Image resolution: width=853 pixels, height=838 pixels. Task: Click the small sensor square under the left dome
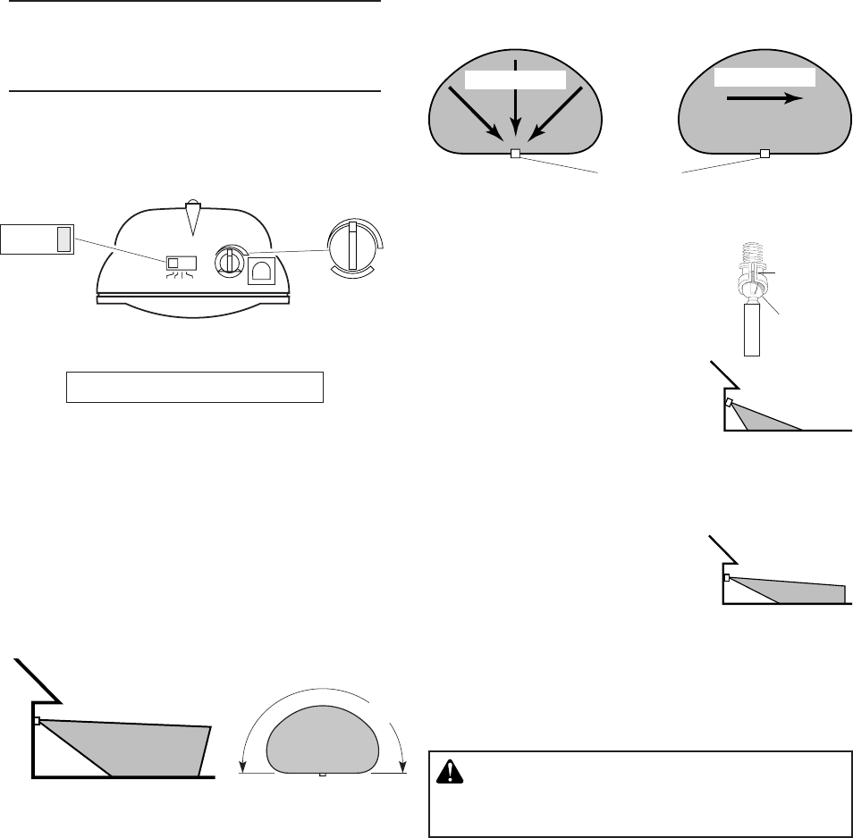[x=514, y=154]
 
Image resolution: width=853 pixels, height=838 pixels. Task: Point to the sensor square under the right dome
[x=764, y=154]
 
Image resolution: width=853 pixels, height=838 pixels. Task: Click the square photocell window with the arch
[x=261, y=269]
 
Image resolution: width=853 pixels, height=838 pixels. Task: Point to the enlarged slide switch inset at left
[x=37, y=239]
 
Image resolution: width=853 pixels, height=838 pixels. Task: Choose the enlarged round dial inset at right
[x=353, y=246]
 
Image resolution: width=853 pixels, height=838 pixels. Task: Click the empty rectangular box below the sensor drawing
[x=194, y=386]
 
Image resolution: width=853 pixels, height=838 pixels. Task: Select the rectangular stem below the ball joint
[x=752, y=330]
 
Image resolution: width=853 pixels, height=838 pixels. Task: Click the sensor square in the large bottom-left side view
[x=38, y=720]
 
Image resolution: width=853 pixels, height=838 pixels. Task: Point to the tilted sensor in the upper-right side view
[x=730, y=403]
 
